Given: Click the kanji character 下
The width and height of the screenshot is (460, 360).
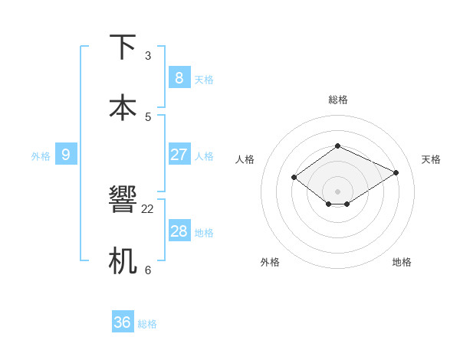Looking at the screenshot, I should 123,47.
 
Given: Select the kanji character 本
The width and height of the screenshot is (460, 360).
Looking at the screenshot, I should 123,107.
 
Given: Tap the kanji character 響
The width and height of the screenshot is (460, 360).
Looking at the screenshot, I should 123,200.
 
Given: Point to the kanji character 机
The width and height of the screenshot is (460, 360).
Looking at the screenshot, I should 123,260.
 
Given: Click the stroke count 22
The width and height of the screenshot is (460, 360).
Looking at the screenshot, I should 148,208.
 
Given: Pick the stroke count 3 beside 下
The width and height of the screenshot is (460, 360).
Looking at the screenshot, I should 148,55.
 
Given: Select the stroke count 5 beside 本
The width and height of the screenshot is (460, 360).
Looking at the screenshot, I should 148,116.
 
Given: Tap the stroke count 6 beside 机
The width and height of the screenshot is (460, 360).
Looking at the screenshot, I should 148,270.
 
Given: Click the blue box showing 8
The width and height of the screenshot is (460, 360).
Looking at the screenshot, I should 179,77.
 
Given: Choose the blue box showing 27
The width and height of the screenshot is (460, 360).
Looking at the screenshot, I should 179,155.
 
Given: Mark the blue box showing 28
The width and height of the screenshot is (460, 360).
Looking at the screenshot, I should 179,231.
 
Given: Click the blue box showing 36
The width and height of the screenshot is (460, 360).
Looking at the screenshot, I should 123,322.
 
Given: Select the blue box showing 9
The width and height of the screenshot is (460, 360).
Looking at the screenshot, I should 66,155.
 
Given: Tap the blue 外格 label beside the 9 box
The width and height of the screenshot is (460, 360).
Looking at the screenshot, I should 41,156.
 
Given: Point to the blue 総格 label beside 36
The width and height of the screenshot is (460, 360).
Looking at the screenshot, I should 147,324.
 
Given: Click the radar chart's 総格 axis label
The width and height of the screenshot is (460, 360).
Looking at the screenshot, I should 337,100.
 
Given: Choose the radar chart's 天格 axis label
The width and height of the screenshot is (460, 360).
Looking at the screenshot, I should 431,159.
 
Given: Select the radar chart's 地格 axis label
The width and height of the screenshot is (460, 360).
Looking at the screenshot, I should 402,262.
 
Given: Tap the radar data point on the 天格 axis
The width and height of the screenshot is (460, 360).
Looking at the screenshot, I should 396,172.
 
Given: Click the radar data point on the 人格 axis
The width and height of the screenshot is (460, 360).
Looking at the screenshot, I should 294,178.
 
